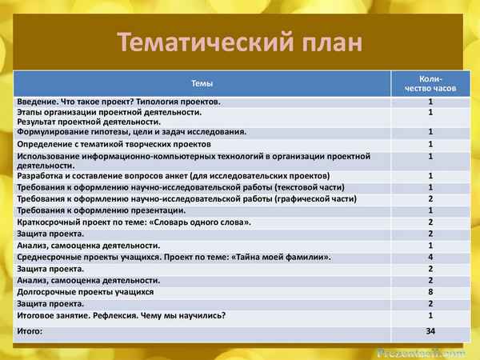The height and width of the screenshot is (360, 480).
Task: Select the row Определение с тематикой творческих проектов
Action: coord(113,145)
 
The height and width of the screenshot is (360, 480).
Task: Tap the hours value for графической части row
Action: coord(430,198)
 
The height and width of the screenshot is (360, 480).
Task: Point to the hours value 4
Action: coord(430,257)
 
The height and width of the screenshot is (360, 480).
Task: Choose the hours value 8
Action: coord(430,293)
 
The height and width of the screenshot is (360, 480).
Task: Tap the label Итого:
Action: coord(31,330)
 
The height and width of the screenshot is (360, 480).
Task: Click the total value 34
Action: coord(430,330)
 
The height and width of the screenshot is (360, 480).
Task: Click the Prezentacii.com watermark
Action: coord(421,351)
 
